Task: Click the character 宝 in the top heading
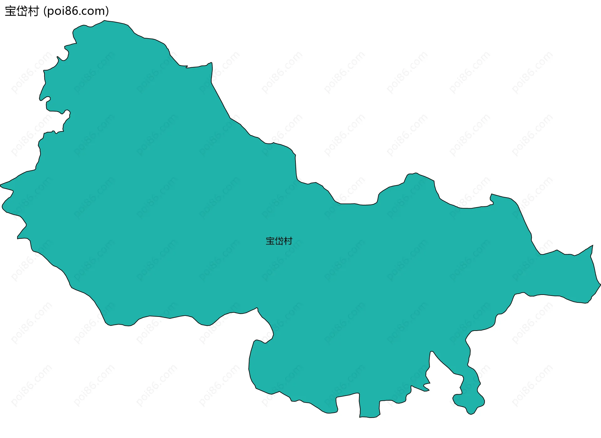tap(10, 11)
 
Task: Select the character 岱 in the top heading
tap(22, 11)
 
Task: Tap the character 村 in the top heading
tap(33, 11)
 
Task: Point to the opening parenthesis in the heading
tap(45, 12)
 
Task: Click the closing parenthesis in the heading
tap(107, 12)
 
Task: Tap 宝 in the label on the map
tap(270, 241)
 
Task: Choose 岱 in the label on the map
tap(279, 241)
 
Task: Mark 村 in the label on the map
tap(288, 241)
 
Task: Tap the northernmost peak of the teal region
tap(105, 21)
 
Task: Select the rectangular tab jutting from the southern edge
tap(370, 407)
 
